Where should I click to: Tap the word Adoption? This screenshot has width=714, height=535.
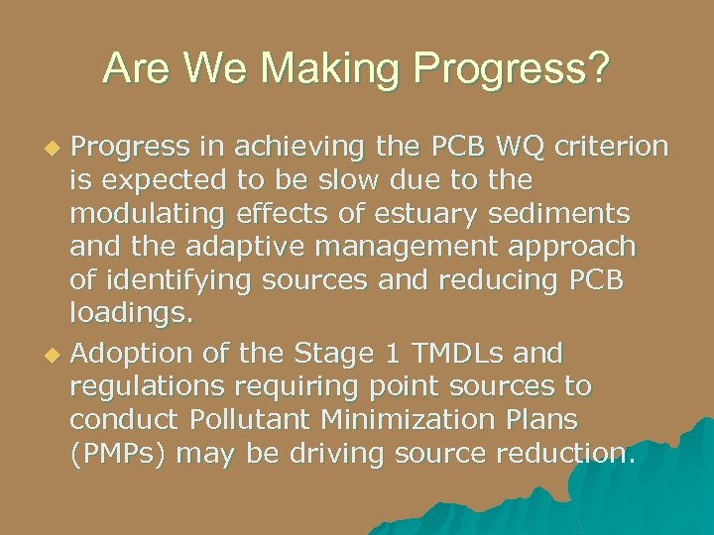[x=133, y=353]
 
